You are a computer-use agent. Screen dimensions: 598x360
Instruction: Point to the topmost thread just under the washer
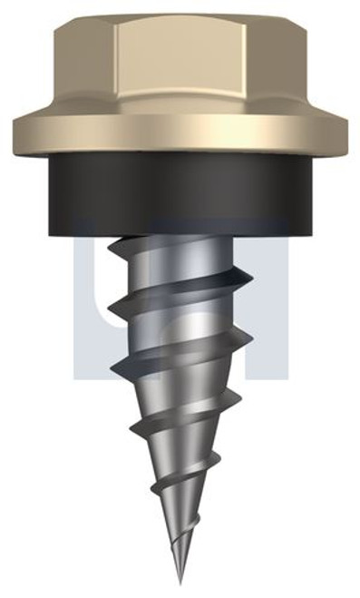click(x=181, y=245)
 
